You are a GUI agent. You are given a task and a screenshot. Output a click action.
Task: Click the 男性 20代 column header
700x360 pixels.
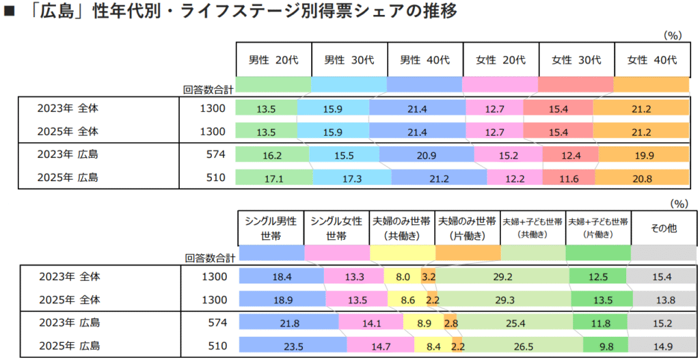(x=273, y=60)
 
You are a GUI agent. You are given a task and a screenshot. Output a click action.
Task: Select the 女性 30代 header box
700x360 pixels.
(x=576, y=60)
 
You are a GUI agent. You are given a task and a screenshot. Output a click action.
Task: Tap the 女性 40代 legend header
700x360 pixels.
(x=652, y=60)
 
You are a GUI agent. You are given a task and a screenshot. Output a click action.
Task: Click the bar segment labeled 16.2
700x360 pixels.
(x=272, y=156)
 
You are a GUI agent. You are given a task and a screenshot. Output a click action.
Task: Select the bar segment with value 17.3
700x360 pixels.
(x=352, y=178)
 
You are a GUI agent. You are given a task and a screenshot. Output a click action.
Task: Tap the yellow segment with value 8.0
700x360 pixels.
(x=403, y=277)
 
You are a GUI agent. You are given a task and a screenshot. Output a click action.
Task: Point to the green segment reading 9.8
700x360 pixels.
(x=606, y=345)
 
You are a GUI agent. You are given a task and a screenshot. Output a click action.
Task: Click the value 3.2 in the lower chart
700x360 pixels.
(x=429, y=277)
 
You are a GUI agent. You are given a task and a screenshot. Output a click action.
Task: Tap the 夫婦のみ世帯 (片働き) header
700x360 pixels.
(x=467, y=228)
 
